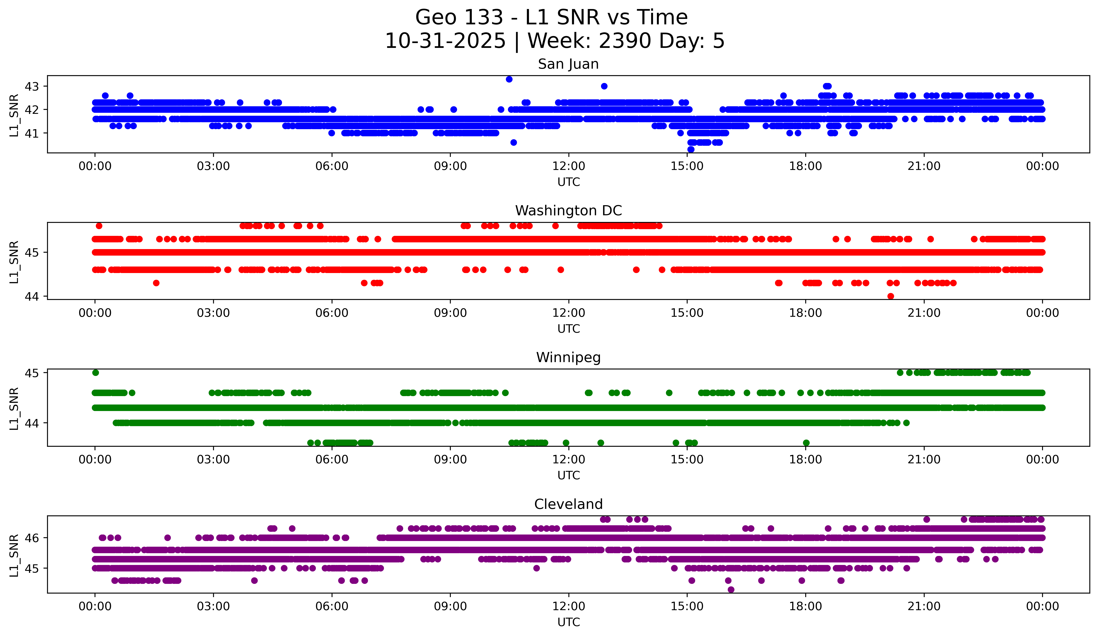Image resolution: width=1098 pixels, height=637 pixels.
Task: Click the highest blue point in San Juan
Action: pyautogui.click(x=509, y=79)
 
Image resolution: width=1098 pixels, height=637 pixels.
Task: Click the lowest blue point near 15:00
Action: pyautogui.click(x=691, y=149)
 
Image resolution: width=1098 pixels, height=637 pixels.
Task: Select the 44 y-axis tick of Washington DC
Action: pyautogui.click(x=31, y=297)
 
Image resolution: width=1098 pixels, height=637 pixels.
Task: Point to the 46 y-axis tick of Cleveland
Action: pyautogui.click(x=31, y=538)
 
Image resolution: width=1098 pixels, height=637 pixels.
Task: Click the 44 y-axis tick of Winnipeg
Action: pyautogui.click(x=31, y=423)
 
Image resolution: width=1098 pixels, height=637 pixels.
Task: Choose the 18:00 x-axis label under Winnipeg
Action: pyautogui.click(x=805, y=460)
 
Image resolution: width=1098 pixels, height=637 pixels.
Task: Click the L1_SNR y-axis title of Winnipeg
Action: pyautogui.click(x=14, y=408)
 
